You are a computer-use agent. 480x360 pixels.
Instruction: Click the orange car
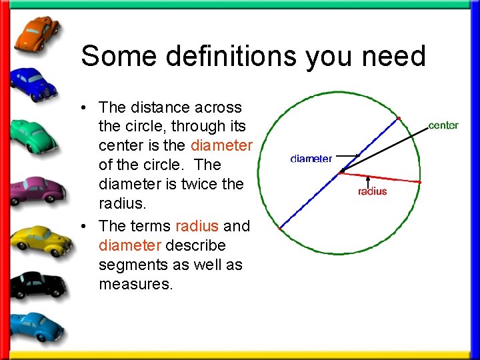click(37, 33)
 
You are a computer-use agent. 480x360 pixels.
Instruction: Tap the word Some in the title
click(118, 56)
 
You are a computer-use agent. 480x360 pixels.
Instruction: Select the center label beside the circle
click(443, 125)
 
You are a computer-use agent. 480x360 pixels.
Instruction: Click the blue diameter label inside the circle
click(311, 159)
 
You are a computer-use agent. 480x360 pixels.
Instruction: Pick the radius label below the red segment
click(372, 191)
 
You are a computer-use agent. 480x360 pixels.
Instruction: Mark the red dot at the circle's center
click(341, 172)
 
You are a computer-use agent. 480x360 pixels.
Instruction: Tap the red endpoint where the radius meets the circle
click(420, 182)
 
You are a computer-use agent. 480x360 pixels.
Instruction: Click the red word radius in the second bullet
click(197, 226)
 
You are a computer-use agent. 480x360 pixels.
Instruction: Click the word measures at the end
click(135, 285)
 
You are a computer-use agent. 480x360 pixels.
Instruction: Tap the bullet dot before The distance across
click(87, 108)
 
